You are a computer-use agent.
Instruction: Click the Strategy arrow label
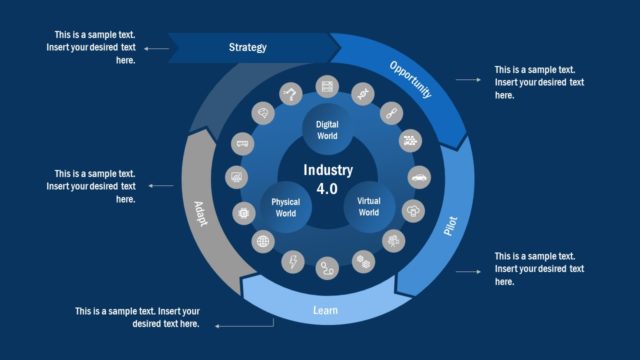pyautogui.click(x=247, y=47)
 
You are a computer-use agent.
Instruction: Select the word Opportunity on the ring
pyautogui.click(x=410, y=79)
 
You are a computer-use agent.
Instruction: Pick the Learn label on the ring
pyautogui.click(x=325, y=311)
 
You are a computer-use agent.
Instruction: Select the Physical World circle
pyautogui.click(x=285, y=207)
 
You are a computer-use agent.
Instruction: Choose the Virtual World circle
pyautogui.click(x=368, y=207)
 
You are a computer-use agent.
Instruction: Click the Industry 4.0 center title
pyautogui.click(x=327, y=178)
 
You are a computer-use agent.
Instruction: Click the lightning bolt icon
pyautogui.click(x=293, y=262)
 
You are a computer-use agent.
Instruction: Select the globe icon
pyautogui.click(x=263, y=241)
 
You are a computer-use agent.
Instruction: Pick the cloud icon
pyautogui.click(x=413, y=211)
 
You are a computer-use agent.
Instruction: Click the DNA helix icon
pyautogui.click(x=361, y=93)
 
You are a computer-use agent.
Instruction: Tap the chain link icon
pyautogui.click(x=390, y=111)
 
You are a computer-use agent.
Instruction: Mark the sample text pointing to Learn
pyautogui.click(x=137, y=317)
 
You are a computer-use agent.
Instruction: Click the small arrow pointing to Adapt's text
pyautogui.click(x=160, y=185)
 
